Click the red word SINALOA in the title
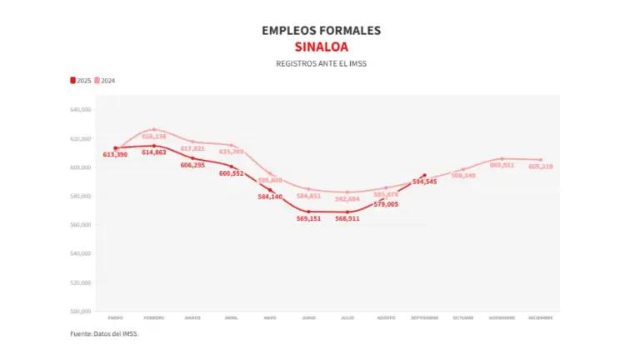[321, 47]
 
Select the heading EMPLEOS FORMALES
[321, 30]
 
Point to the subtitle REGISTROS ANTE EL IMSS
[321, 63]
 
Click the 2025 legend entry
[81, 80]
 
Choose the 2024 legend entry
[104, 80]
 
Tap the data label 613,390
[116, 155]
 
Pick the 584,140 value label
[270, 197]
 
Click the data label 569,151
[309, 218]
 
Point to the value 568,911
[347, 218]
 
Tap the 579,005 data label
[386, 204]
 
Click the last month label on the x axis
[540, 317]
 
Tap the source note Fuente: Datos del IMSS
[105, 333]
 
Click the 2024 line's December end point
[540, 159]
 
